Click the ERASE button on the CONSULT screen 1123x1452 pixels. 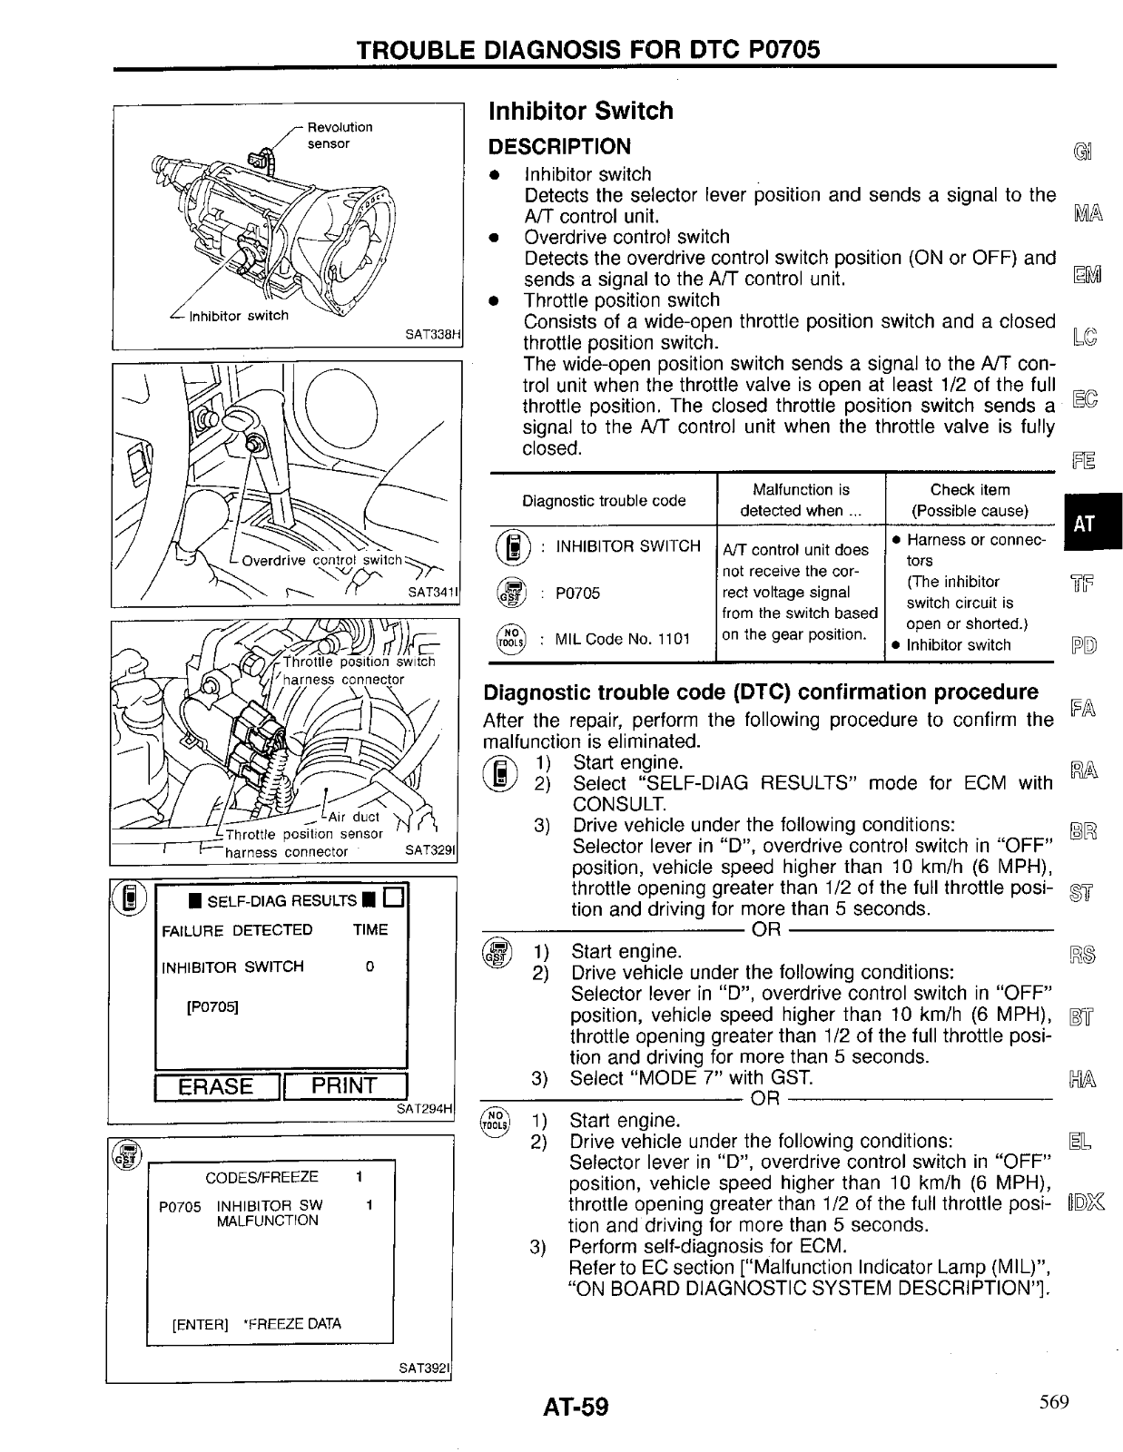coord(217,1086)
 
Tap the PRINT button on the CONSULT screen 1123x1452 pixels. coord(344,1086)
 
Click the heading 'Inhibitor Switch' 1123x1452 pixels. coord(581,111)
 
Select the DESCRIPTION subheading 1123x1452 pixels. coord(559,146)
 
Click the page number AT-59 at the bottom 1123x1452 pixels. coord(576,1407)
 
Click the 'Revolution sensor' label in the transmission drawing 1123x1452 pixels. coord(339,135)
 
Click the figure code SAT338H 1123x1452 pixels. coord(434,334)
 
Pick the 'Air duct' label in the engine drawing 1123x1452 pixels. coord(354,816)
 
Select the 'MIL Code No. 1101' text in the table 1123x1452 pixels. coord(623,638)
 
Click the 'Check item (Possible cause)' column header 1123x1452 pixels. coord(970,500)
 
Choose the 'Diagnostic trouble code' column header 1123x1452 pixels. coord(604,500)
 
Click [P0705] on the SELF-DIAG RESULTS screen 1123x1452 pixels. coord(212,1006)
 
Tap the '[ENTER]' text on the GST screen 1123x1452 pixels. coord(201,1324)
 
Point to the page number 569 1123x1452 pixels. coord(1054,1402)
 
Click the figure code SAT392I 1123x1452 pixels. coord(425,1368)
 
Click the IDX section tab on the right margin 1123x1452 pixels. coord(1085,1204)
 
